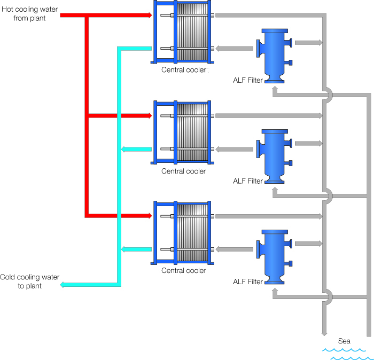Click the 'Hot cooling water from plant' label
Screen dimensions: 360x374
point(30,14)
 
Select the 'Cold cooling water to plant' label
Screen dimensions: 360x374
point(30,281)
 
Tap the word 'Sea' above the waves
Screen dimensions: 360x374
point(345,341)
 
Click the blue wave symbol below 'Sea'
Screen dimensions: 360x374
point(345,354)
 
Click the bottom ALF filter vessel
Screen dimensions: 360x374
point(275,256)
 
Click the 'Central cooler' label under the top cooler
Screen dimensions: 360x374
point(183,70)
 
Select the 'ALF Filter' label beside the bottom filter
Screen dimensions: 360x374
point(248,281)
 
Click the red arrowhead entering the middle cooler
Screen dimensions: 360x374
point(149,115)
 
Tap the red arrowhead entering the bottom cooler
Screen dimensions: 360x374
point(149,216)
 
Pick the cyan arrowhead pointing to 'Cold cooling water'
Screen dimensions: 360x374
point(63,285)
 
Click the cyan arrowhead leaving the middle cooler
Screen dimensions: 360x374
point(124,149)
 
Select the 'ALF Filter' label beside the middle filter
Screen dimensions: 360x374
point(248,181)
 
